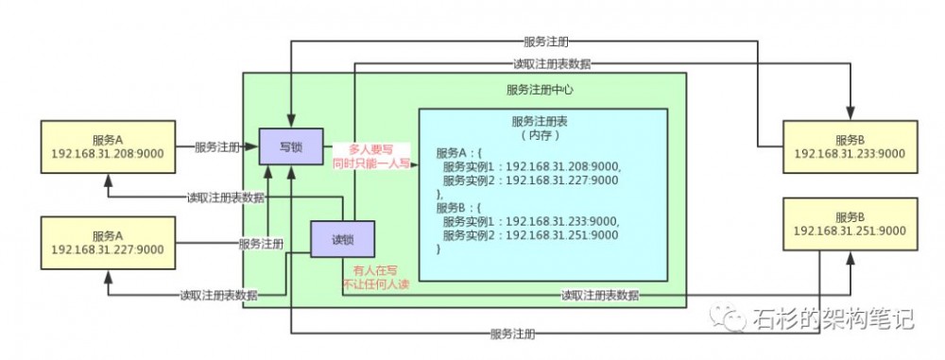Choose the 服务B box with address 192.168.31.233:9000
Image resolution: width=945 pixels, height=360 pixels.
pos(850,146)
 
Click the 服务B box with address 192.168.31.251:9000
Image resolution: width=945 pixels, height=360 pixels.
pos(849,224)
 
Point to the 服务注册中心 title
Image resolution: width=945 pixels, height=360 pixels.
pos(541,90)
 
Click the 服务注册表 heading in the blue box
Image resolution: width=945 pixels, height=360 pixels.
pos(541,121)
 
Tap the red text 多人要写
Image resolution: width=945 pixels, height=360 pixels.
pos(369,149)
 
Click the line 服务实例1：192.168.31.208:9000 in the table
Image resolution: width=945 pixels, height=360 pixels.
pos(530,166)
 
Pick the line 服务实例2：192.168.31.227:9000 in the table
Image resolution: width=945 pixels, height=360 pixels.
pos(530,180)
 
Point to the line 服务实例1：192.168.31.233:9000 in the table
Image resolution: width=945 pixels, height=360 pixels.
pos(530,220)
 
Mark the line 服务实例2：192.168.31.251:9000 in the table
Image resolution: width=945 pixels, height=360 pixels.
pos(530,233)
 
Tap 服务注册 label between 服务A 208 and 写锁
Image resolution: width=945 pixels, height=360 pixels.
pos(217,147)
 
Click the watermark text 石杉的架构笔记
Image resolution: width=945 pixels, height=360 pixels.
pos(833,319)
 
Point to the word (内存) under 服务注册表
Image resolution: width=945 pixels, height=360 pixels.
pos(541,135)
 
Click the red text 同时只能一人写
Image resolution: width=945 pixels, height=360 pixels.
pos(370,163)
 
